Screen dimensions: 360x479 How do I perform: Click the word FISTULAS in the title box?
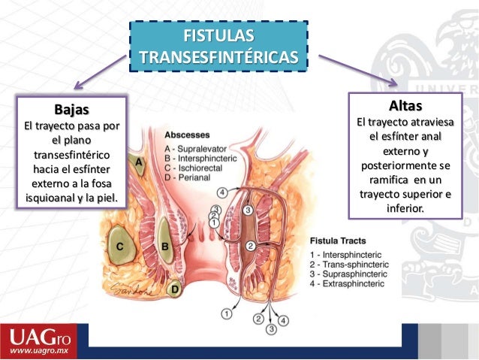click(218, 36)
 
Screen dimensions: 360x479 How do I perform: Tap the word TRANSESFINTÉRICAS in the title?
click(218, 58)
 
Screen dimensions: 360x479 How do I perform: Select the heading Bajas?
click(71, 109)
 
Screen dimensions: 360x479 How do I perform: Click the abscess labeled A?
click(140, 162)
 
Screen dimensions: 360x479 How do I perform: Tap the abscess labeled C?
click(119, 246)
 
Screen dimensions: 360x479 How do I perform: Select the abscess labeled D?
click(175, 288)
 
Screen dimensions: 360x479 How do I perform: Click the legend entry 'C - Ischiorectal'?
click(197, 168)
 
